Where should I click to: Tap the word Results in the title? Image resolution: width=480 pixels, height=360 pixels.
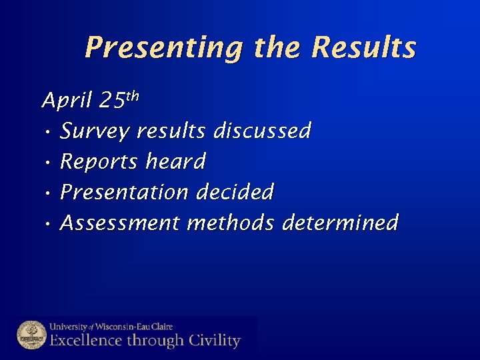364,48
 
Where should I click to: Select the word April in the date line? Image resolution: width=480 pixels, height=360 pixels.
65,101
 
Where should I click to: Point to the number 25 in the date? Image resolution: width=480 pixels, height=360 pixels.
111,101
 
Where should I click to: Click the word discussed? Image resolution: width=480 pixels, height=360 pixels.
262,131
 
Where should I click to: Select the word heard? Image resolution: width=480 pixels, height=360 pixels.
176,162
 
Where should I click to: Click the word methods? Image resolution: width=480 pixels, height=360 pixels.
231,223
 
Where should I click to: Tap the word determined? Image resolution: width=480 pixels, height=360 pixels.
340,223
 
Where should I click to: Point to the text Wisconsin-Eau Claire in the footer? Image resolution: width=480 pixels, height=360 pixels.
135,327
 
